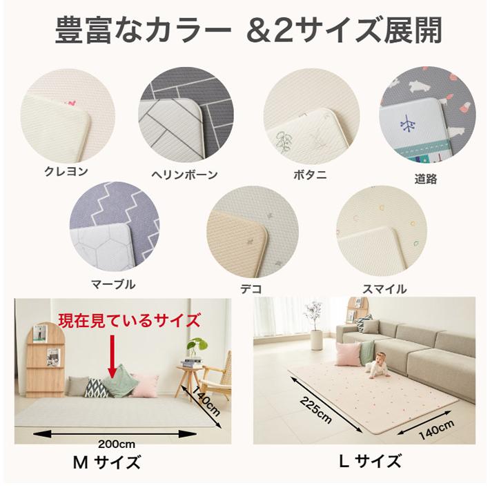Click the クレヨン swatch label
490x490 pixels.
click(66, 171)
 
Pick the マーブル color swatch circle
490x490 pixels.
click(115, 228)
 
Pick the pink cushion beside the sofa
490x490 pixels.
click(349, 355)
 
